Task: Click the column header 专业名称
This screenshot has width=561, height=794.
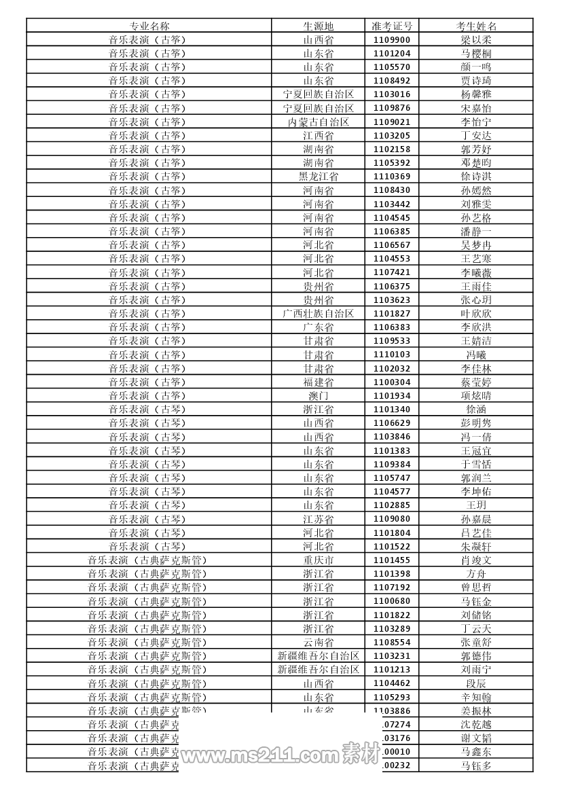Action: pyautogui.click(x=149, y=26)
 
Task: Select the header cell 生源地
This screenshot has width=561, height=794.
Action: pyautogui.click(x=318, y=26)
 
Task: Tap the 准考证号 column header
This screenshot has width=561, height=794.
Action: pyautogui.click(x=392, y=26)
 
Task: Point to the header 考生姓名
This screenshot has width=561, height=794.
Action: pyautogui.click(x=476, y=26)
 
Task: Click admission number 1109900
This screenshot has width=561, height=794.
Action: pyautogui.click(x=392, y=39)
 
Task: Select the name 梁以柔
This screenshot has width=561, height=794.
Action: pyautogui.click(x=476, y=39)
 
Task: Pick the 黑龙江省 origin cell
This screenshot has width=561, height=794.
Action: pyautogui.click(x=318, y=177)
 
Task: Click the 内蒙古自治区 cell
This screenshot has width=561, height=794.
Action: pyautogui.click(x=318, y=122)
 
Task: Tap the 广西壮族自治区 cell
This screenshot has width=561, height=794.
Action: pyautogui.click(x=318, y=313)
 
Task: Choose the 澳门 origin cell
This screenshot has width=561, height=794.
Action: pyautogui.click(x=318, y=395)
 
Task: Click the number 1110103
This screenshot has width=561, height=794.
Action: pyautogui.click(x=392, y=355)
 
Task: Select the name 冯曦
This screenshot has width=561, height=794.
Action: pyautogui.click(x=476, y=355)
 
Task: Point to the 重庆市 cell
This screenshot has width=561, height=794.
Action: pyautogui.click(x=318, y=560)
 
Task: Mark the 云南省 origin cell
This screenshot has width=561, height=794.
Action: pyautogui.click(x=318, y=643)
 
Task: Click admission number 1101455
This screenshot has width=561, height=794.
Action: pyautogui.click(x=392, y=560)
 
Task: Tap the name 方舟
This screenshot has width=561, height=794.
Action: pyautogui.click(x=476, y=574)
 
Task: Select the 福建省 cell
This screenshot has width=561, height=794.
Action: pyautogui.click(x=318, y=382)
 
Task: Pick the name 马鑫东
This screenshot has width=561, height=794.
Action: pyautogui.click(x=476, y=752)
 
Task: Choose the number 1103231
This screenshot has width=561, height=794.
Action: pyautogui.click(x=392, y=656)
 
